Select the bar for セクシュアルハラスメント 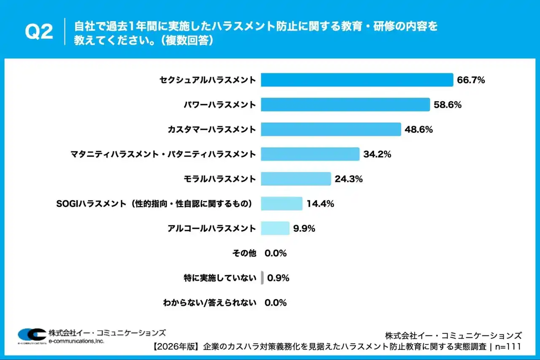357,80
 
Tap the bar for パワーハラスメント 345,105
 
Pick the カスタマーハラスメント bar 331,130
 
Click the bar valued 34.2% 310,154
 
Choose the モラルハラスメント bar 296,179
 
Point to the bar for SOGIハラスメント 281,203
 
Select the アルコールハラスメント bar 275,228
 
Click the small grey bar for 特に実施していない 262,278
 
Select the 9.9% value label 304,228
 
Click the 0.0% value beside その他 275,253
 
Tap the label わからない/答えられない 210,303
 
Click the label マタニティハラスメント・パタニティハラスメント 163,154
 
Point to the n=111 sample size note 508,346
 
